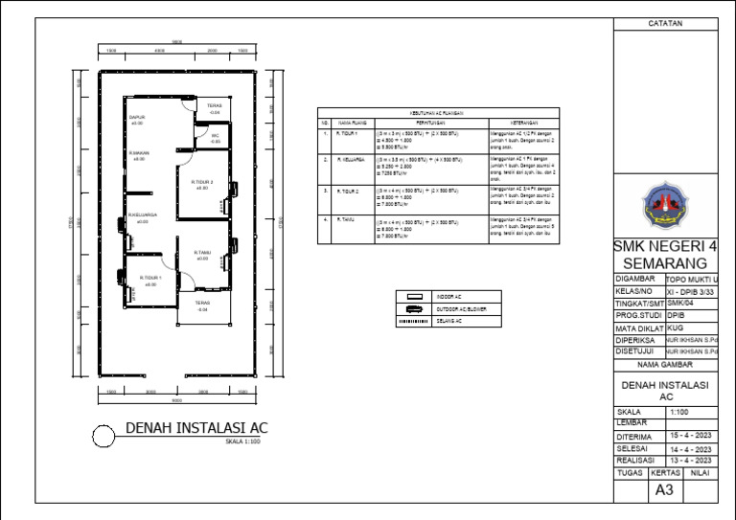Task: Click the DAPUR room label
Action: click(x=137, y=118)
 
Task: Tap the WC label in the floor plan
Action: click(x=216, y=136)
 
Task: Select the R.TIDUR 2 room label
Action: click(x=201, y=182)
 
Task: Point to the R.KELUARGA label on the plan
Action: click(x=143, y=215)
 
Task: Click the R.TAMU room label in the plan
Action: click(x=202, y=253)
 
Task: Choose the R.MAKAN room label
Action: click(x=139, y=153)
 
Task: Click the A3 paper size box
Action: click(x=664, y=490)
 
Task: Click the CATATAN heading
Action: click(x=665, y=22)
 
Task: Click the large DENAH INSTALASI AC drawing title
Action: click(x=193, y=428)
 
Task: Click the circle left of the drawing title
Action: click(x=103, y=437)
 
